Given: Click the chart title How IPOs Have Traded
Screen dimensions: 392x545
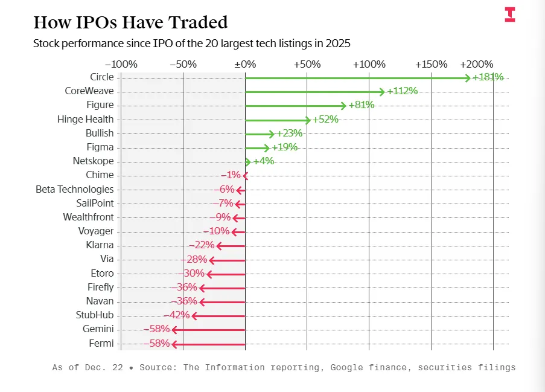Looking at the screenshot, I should [x=130, y=22].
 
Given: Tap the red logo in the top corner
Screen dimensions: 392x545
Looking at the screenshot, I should [x=510, y=15].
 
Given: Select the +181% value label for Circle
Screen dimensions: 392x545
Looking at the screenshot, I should [x=488, y=77].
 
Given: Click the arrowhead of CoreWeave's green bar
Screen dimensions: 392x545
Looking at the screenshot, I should [x=383, y=92].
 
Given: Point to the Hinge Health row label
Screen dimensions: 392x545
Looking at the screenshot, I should [x=85, y=119].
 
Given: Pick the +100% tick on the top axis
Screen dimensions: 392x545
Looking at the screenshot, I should [x=369, y=64].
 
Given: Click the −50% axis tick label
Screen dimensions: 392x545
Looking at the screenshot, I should [x=183, y=64].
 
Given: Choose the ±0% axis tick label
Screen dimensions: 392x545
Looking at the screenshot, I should [x=245, y=64].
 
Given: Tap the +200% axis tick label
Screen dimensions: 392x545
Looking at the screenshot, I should [x=476, y=64].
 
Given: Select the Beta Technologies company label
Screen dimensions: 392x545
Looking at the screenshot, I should [x=74, y=189].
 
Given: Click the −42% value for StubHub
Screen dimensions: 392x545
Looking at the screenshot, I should [x=177, y=315].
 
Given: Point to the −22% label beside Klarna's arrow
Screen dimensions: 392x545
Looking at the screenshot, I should [x=202, y=245].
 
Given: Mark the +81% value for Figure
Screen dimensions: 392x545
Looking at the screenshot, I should [x=362, y=105].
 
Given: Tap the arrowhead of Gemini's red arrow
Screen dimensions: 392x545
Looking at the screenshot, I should [x=174, y=330].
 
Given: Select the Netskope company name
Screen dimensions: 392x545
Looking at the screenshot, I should [x=93, y=161].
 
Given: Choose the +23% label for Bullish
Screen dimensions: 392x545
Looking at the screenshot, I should [x=290, y=133].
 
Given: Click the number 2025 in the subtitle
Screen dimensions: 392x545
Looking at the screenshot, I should [x=338, y=43].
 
